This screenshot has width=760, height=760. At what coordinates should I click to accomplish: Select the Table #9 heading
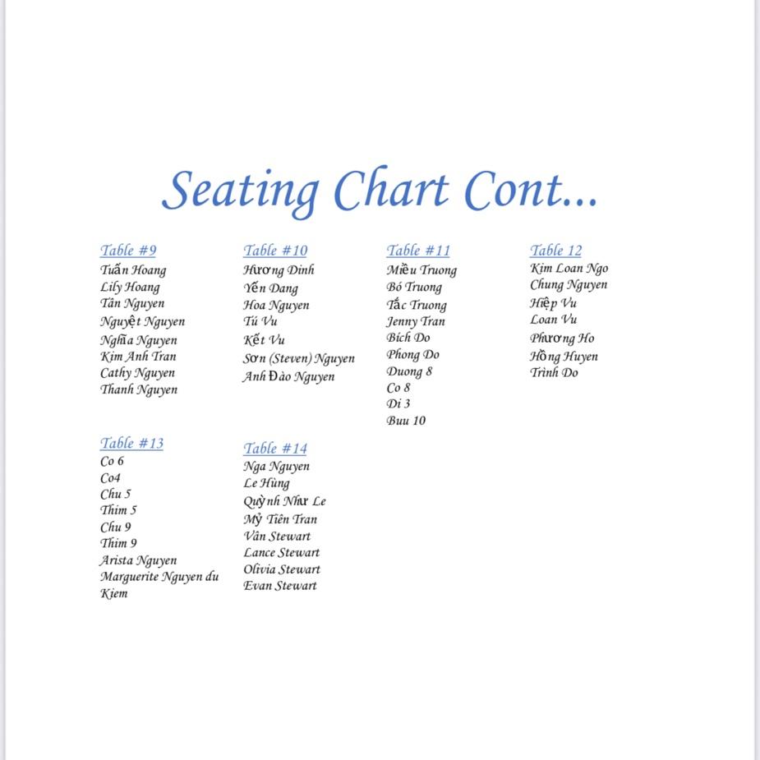tap(128, 251)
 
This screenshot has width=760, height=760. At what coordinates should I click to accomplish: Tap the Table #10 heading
tap(274, 251)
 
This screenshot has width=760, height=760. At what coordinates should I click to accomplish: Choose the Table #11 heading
tap(418, 251)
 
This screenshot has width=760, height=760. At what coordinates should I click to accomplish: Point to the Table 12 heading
tap(555, 251)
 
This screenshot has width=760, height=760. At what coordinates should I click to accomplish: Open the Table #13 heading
tap(131, 444)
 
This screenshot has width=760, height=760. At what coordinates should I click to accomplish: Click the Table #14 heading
tap(274, 449)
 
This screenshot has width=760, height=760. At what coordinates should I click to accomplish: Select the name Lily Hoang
tap(130, 287)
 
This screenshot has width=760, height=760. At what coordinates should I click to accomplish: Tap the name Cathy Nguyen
tap(137, 373)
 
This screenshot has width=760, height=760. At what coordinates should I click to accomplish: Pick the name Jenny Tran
tap(416, 321)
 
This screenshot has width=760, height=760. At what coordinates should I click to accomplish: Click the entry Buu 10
tap(406, 421)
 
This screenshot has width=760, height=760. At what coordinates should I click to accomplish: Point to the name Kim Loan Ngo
tap(569, 268)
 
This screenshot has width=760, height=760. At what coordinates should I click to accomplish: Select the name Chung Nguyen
tap(569, 285)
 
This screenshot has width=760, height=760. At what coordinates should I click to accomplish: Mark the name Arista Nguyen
tap(138, 560)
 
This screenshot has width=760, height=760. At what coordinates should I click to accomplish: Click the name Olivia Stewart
tap(281, 569)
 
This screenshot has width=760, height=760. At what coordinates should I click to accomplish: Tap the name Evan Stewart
tap(279, 586)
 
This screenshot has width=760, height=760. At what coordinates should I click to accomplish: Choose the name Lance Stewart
tap(281, 553)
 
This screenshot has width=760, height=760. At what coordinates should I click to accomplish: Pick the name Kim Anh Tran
tap(138, 357)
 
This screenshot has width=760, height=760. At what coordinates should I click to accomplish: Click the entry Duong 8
tap(409, 371)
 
